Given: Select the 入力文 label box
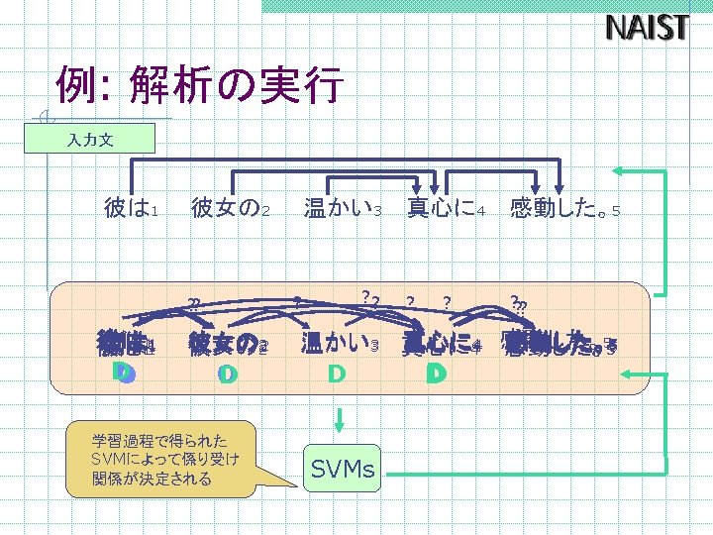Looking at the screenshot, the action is point(90,140).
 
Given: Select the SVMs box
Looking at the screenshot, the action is point(343,469).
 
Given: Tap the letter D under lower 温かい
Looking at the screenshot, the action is point(337,374).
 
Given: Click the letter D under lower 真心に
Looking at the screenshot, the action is point(436,374).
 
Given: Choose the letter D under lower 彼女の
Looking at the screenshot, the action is point(228,374).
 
